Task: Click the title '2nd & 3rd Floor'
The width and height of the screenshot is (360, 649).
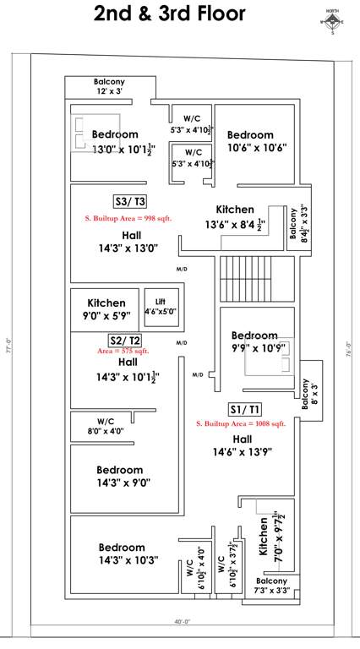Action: coord(170,14)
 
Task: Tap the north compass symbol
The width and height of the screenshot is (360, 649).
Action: coord(332,21)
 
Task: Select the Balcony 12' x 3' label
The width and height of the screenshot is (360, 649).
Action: coord(109,85)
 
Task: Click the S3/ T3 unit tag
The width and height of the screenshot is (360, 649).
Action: coord(131,200)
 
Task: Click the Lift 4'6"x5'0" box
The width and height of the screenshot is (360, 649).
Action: coord(161,306)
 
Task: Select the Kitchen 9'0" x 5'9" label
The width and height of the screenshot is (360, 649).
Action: coord(106,308)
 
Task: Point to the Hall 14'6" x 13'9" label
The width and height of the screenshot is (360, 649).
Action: coord(243,445)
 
